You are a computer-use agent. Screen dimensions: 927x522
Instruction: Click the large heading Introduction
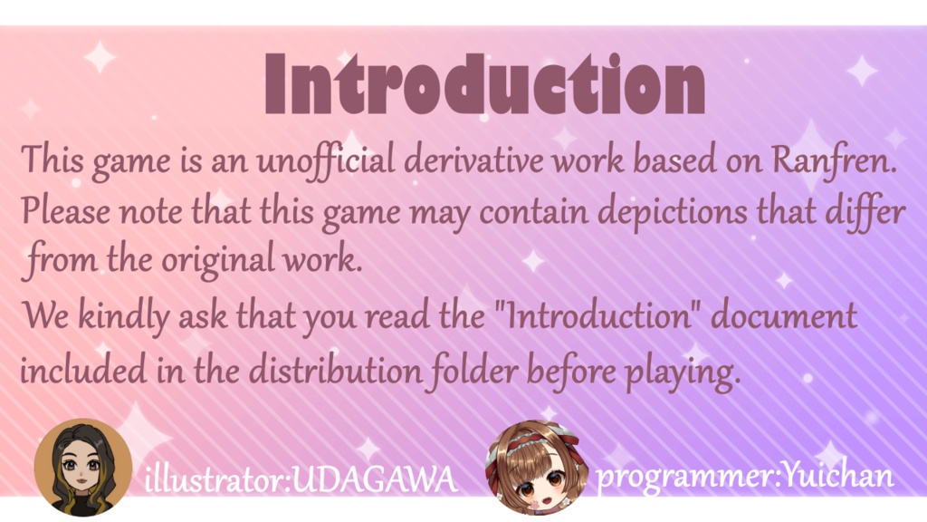[x=485, y=84]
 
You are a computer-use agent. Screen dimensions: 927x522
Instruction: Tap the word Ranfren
[x=834, y=160]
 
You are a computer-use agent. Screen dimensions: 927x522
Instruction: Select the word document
[x=784, y=315]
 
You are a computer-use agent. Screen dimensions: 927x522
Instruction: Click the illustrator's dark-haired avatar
[x=82, y=468]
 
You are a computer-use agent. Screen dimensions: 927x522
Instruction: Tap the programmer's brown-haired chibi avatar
[x=537, y=468]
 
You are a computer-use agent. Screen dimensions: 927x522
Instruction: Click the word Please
[x=65, y=210]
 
